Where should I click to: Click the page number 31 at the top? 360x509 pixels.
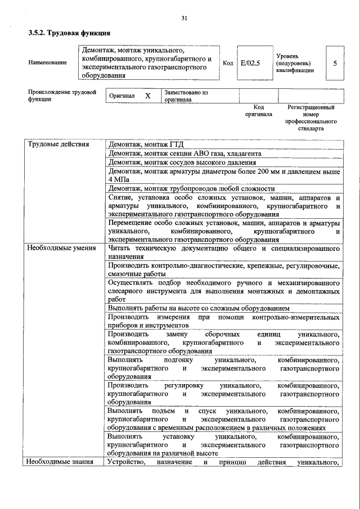[x=184, y=19]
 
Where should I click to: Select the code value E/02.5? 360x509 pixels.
[x=250, y=63]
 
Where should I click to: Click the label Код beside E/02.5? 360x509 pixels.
[x=228, y=63]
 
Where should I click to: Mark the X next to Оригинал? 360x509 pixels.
[x=148, y=96]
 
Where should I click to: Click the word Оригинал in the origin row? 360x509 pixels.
[x=122, y=96]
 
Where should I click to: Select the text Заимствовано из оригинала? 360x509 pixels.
[x=186, y=96]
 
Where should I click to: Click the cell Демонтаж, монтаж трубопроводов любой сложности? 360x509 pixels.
[x=191, y=188]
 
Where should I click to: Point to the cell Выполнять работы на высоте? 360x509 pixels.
[x=199, y=308]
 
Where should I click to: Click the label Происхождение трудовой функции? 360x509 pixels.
[x=62, y=95]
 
